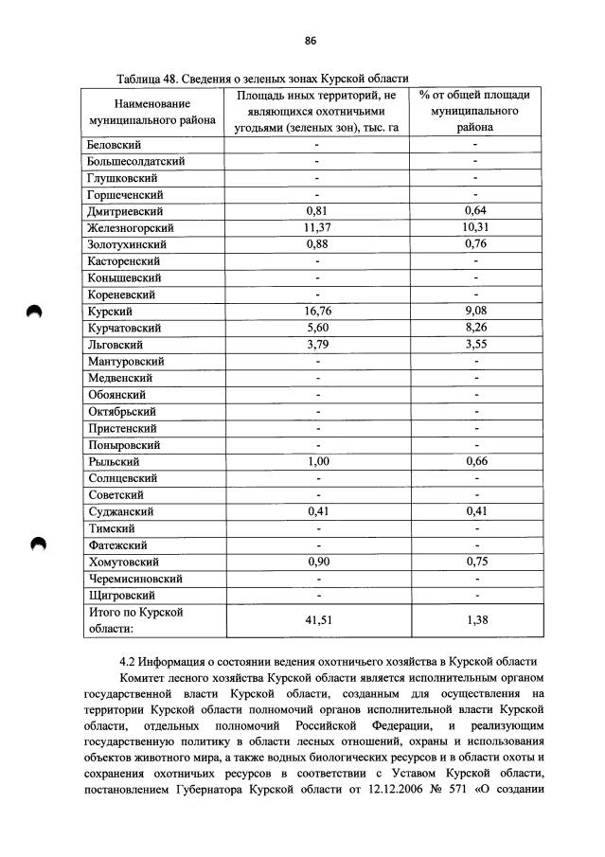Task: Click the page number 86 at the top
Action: (310, 41)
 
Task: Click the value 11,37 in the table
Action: (316, 227)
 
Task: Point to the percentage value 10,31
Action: (475, 227)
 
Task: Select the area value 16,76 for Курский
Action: (316, 311)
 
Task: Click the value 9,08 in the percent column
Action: (475, 311)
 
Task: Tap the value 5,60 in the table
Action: (316, 328)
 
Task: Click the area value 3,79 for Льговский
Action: (316, 344)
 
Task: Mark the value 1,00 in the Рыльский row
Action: (316, 461)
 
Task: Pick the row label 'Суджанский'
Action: (120, 511)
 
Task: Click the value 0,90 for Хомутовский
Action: (316, 562)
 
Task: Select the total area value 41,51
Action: (316, 620)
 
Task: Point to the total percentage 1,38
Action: (475, 620)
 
